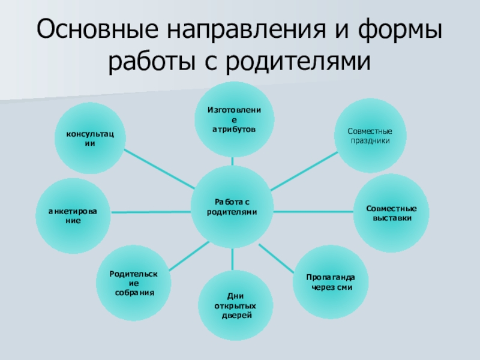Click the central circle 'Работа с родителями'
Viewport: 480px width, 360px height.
[x=232, y=207]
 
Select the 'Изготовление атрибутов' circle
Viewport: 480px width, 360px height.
[x=233, y=119]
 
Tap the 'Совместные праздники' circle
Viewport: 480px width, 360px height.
[x=370, y=136]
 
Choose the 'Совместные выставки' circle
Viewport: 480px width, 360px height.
[x=392, y=212]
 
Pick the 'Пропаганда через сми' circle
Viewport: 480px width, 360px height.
[x=330, y=282]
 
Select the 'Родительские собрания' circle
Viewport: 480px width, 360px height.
[x=134, y=282]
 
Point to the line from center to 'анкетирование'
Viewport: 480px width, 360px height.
[x=151, y=212]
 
